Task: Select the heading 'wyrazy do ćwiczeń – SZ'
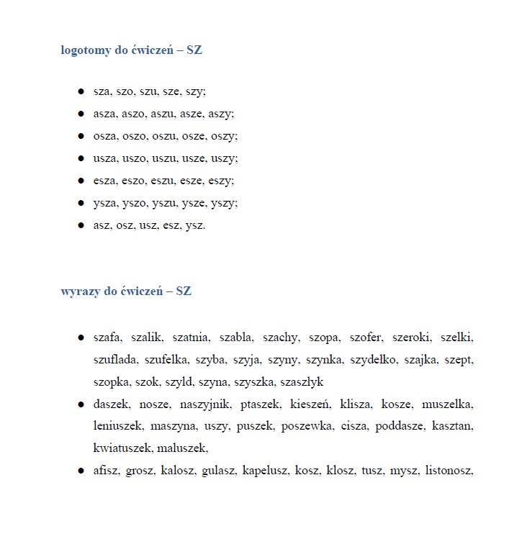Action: tap(126, 291)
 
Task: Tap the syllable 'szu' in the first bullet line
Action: tap(148, 91)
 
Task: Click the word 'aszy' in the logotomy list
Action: tap(221, 114)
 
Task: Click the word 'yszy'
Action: tap(223, 203)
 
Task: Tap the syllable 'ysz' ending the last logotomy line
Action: tap(194, 225)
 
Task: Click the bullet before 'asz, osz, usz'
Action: tap(81, 225)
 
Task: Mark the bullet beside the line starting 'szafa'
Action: tap(81, 338)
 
